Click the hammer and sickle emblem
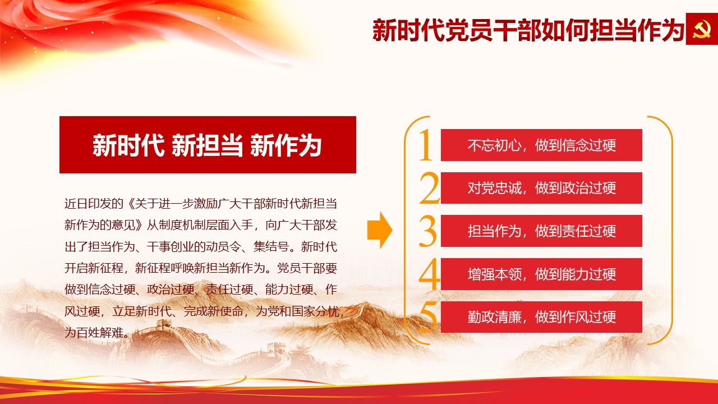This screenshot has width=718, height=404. click(x=701, y=29)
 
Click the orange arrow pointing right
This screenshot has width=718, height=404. click(x=380, y=230)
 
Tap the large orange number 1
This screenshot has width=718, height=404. click(x=426, y=145)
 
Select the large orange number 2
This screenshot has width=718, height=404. click(x=430, y=188)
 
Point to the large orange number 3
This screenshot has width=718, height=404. click(x=428, y=231)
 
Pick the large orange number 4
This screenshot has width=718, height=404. click(x=430, y=274)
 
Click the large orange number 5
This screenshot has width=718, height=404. click(x=428, y=317)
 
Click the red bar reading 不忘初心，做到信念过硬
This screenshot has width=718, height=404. click(x=541, y=145)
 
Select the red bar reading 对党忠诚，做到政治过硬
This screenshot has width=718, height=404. click(x=541, y=188)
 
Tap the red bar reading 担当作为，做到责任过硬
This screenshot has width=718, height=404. click(x=541, y=231)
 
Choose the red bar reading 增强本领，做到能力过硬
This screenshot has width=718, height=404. click(x=541, y=274)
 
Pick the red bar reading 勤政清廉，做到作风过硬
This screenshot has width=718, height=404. click(x=541, y=317)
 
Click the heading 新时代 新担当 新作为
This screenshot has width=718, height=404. click(x=207, y=145)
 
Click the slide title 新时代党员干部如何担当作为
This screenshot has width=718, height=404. click(x=528, y=30)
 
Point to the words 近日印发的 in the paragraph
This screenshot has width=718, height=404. click(x=94, y=204)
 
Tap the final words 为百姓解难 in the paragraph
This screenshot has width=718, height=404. click(x=94, y=333)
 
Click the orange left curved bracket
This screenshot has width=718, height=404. click(x=407, y=230)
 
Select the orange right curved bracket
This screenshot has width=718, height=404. click(x=670, y=230)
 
